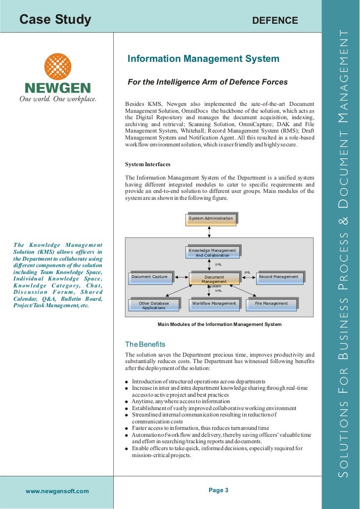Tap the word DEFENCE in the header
click(x=275, y=20)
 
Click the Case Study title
click(x=55, y=20)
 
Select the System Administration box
click(x=211, y=219)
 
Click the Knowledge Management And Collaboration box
click(x=213, y=253)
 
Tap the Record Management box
click(x=278, y=277)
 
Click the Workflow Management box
click(x=214, y=304)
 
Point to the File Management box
click(x=271, y=304)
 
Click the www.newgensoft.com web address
click(x=57, y=491)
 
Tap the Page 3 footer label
click(x=219, y=490)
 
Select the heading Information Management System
click(x=203, y=59)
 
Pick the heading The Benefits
click(x=145, y=344)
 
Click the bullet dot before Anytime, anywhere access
click(x=127, y=402)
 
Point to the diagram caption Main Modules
click(x=219, y=324)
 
